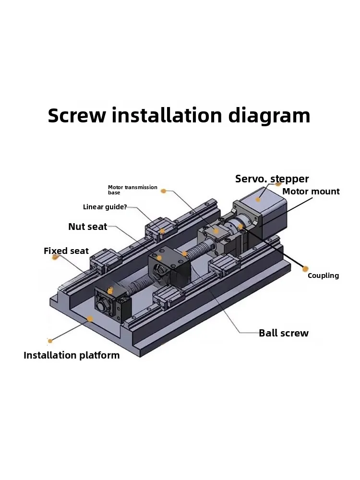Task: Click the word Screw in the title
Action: pyautogui.click(x=76, y=116)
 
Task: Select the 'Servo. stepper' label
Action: pyautogui.click(x=272, y=179)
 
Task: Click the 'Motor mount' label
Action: pyautogui.click(x=311, y=192)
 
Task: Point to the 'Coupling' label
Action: pyautogui.click(x=323, y=276)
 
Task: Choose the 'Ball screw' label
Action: pyautogui.click(x=283, y=333)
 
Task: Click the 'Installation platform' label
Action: pyautogui.click(x=72, y=355)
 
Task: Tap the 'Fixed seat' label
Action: pyautogui.click(x=66, y=251)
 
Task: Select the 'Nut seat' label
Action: pyautogui.click(x=87, y=227)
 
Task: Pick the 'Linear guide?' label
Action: pyautogui.click(x=105, y=207)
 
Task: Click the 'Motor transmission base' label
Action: pyautogui.click(x=132, y=190)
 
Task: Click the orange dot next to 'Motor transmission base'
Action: pyautogui.click(x=164, y=191)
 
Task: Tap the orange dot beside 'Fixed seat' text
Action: pyautogui.click(x=56, y=257)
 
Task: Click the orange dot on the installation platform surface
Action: pyautogui.click(x=90, y=318)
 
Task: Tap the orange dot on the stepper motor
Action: pyautogui.click(x=258, y=198)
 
